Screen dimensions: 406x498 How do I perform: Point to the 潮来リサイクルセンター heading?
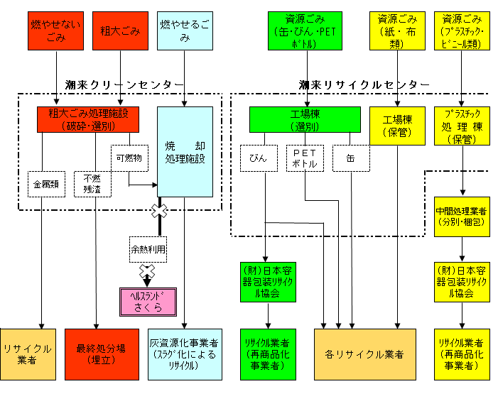(364, 84)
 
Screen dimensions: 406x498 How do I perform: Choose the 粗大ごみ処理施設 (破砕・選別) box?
(87, 119)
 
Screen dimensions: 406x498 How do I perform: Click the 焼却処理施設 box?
(185, 151)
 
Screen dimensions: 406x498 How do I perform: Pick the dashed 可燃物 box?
(129, 158)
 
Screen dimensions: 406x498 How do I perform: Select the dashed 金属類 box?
(45, 183)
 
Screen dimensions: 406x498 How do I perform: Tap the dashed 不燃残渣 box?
(92, 183)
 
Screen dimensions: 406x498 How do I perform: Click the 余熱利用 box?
(148, 249)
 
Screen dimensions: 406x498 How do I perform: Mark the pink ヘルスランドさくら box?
(147, 301)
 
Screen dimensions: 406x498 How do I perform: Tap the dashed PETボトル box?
(305, 158)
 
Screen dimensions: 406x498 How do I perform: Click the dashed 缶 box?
(352, 158)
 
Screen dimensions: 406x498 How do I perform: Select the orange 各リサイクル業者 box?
(364, 354)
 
